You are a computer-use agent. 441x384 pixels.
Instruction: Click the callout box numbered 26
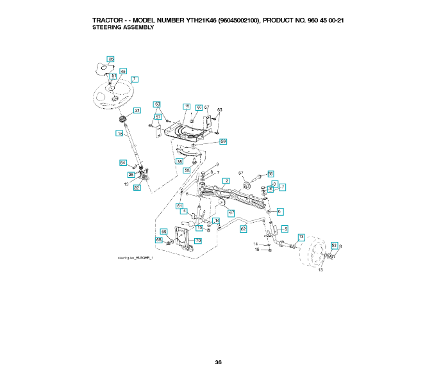(x=110, y=59)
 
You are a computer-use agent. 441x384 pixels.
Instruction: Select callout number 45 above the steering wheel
(x=123, y=71)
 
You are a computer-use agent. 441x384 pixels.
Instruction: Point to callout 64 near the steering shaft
(x=123, y=163)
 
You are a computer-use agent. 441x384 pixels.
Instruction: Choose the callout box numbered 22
(x=137, y=188)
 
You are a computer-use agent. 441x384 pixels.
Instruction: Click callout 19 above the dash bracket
(x=187, y=106)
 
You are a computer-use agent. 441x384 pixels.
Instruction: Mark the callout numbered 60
(x=199, y=107)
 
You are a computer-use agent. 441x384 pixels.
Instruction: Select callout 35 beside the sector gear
(x=179, y=162)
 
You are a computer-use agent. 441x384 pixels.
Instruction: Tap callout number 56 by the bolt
(x=270, y=173)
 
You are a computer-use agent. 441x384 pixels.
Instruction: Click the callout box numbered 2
(x=226, y=181)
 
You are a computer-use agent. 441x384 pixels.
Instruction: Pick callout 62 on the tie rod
(x=244, y=228)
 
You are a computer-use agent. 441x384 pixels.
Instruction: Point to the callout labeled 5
(x=285, y=228)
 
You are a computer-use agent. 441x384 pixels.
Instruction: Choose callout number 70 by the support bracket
(x=198, y=241)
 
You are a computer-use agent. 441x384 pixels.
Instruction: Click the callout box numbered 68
(x=159, y=240)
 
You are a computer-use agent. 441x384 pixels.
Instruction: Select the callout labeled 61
(x=180, y=205)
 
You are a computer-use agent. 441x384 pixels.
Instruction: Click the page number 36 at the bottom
(x=219, y=362)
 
